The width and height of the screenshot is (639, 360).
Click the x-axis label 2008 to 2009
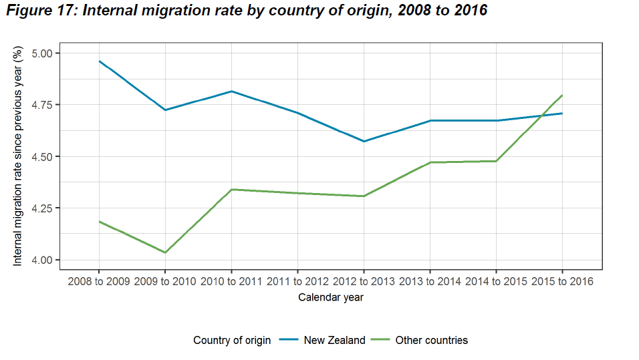(x=99, y=281)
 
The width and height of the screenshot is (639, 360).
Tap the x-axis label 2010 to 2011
(x=231, y=281)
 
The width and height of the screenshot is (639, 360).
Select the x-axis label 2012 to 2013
(x=364, y=281)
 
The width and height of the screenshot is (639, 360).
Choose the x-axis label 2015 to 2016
(x=562, y=281)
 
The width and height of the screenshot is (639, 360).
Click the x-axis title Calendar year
(x=331, y=298)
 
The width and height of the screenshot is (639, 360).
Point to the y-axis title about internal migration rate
(x=18, y=156)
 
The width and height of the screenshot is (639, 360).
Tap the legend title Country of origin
(x=232, y=340)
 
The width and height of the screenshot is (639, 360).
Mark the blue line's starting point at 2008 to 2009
(x=99, y=61)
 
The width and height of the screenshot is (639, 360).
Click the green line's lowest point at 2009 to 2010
(x=165, y=252)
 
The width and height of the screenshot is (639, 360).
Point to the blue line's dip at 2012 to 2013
(x=364, y=142)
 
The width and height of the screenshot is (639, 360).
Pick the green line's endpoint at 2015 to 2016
(x=562, y=96)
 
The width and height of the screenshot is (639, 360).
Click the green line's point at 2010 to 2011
(x=231, y=190)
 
